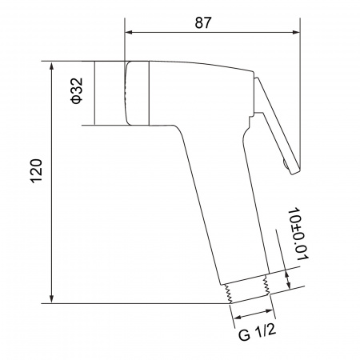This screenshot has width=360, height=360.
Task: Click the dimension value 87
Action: pyautogui.click(x=203, y=22)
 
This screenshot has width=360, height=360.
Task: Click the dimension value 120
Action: pyautogui.click(x=37, y=171)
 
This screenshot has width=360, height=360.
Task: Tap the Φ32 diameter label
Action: pyautogui.click(x=77, y=90)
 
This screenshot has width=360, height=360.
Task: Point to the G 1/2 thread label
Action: pyautogui.click(x=257, y=332)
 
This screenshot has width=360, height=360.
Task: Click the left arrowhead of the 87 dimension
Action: pyautogui.click(x=129, y=32)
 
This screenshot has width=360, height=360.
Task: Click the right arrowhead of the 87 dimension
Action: pyautogui.click(x=296, y=32)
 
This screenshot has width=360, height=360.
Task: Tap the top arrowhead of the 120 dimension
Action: pyautogui.click(x=52, y=66)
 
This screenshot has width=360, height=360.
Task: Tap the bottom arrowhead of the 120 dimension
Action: pyautogui.click(x=52, y=299)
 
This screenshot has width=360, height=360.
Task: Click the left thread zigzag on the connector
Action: pyautogui.click(x=226, y=294)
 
